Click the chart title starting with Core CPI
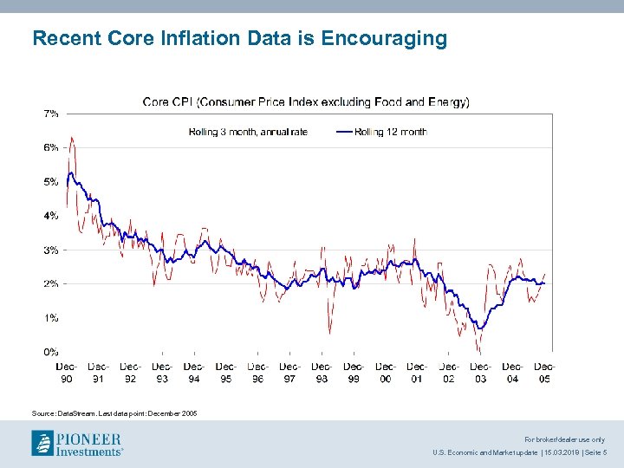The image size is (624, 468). [306, 102]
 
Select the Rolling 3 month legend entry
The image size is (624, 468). [248, 132]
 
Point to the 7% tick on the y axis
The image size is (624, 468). [51, 113]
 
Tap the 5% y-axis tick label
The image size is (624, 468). [51, 181]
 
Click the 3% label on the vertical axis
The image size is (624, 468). [51, 250]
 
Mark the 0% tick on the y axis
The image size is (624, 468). [51, 352]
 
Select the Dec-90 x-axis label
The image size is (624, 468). [67, 373]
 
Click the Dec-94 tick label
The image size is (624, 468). [194, 373]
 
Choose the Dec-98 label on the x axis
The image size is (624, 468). [322, 373]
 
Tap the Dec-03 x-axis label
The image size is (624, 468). [480, 373]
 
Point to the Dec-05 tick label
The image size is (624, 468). [544, 373]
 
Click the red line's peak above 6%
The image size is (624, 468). [71, 137]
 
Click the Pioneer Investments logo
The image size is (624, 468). [77, 443]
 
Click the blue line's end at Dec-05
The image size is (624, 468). [544, 283]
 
